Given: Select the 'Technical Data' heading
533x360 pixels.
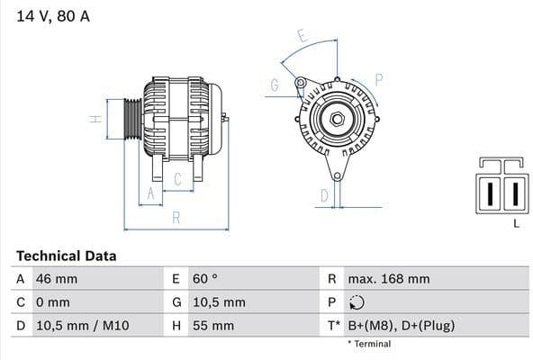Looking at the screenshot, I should [66, 256].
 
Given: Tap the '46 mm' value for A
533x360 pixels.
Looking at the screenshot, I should [56, 280].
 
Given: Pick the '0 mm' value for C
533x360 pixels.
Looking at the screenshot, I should [52, 302].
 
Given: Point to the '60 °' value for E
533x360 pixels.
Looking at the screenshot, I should [205, 280].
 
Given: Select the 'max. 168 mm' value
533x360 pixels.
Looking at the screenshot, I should [389, 280].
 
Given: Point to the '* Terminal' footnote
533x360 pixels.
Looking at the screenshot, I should [369, 344].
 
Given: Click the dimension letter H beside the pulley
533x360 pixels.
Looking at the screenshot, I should [94, 119].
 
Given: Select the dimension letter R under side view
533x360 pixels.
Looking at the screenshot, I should [176, 217].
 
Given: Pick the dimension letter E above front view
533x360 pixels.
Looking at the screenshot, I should [303, 37].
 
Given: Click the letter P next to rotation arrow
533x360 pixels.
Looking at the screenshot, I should [378, 79].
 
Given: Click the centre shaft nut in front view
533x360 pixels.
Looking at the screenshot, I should [335, 120].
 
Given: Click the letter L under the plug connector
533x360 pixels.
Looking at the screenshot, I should [516, 223].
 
